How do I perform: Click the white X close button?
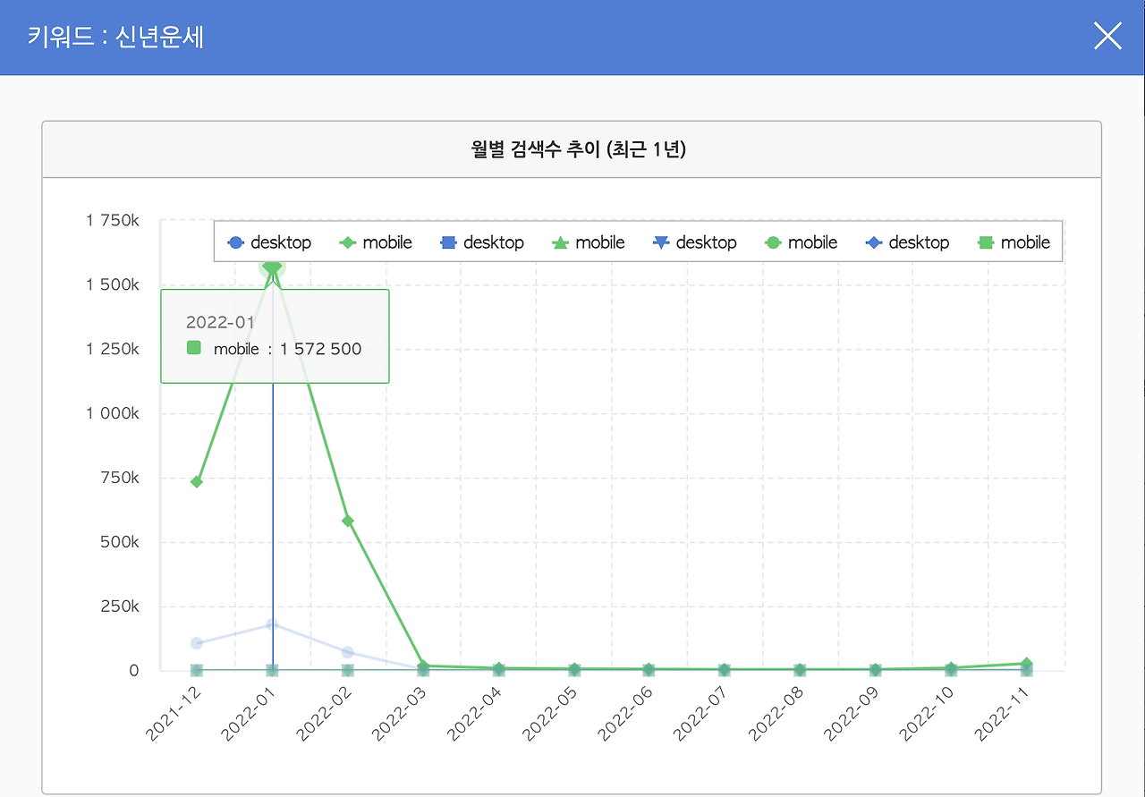tap(1107, 37)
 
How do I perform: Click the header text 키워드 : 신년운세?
tap(115, 38)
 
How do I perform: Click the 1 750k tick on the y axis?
tap(113, 220)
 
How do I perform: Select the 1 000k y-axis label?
tap(113, 413)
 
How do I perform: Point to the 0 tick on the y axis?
tap(134, 671)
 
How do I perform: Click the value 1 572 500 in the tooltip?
tap(320, 349)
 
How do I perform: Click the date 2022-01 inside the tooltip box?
tap(220, 323)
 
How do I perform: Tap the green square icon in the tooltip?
tap(194, 349)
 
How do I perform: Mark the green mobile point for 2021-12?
tap(197, 482)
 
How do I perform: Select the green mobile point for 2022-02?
tap(348, 521)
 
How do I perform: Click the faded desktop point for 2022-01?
tap(272, 624)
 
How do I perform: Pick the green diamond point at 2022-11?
tap(1026, 664)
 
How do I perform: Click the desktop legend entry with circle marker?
tap(269, 242)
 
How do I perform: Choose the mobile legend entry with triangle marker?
tap(588, 242)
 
